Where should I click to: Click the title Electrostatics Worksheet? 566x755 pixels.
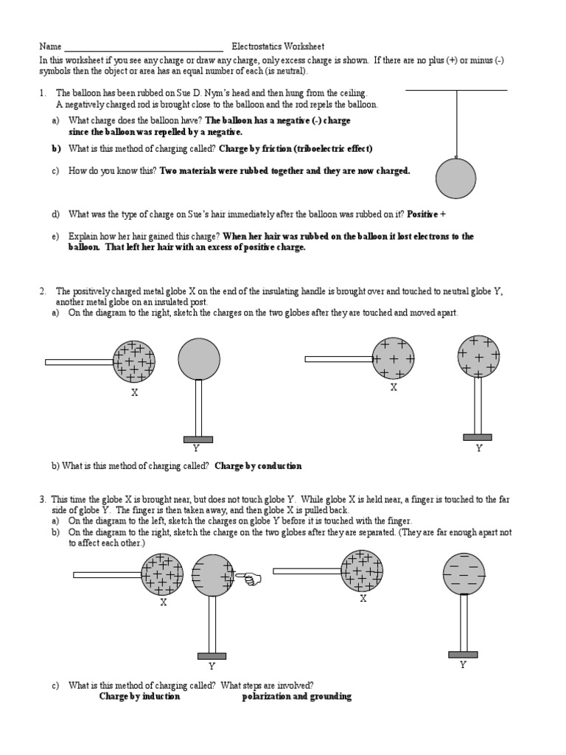(x=278, y=46)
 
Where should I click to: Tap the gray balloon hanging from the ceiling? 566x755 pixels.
(x=458, y=180)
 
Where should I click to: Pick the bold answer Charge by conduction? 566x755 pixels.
(x=258, y=466)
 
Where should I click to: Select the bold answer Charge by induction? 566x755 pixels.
(x=139, y=696)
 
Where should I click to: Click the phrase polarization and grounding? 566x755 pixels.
(x=296, y=696)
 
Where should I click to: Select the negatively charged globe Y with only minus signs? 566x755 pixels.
(x=463, y=573)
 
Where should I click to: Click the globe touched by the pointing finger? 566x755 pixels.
(x=212, y=575)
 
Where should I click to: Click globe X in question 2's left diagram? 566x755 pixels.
(x=134, y=361)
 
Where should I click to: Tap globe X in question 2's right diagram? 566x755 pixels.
(x=393, y=358)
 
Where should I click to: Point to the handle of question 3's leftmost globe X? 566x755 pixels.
(x=107, y=574)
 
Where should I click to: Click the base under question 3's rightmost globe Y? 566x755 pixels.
(x=463, y=654)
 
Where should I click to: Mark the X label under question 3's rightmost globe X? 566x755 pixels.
(x=363, y=599)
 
